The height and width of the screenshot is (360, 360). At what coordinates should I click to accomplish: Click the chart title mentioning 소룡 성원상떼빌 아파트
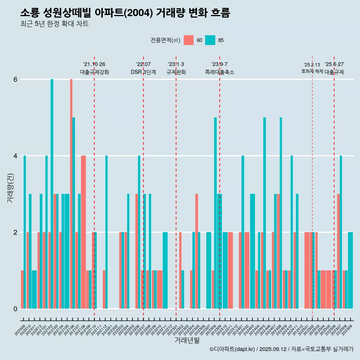coord(125,13)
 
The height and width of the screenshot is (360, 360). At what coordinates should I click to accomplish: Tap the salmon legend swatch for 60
coord(189,40)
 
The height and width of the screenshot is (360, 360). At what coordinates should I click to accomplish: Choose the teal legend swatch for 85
coord(210,40)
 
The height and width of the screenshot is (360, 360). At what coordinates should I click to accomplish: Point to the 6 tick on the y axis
coord(15,79)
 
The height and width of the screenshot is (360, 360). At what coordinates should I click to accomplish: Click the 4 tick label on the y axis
coord(15,156)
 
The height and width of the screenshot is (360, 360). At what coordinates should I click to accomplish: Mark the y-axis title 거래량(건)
coord(10,187)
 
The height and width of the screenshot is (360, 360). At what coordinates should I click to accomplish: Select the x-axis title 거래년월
coord(187,340)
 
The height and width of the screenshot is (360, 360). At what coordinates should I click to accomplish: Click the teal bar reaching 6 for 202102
coord(52,193)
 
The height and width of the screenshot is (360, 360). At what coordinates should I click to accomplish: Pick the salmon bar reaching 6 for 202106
coord(71,193)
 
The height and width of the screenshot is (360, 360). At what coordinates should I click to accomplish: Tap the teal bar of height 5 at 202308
coord(215,213)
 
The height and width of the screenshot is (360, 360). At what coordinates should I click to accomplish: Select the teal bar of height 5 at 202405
coord(264,213)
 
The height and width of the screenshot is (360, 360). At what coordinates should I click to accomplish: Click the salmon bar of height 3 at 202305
coord(196,251)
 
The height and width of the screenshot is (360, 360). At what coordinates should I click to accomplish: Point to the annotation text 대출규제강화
coord(94,72)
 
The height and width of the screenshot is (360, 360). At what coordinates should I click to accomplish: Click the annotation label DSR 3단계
coord(143,72)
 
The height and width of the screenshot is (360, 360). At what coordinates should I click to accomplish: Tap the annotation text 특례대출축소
coord(220,72)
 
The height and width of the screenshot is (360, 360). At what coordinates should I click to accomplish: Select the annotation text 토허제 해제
coord(312,71)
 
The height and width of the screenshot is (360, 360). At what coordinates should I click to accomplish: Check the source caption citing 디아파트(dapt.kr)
coord(281,349)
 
